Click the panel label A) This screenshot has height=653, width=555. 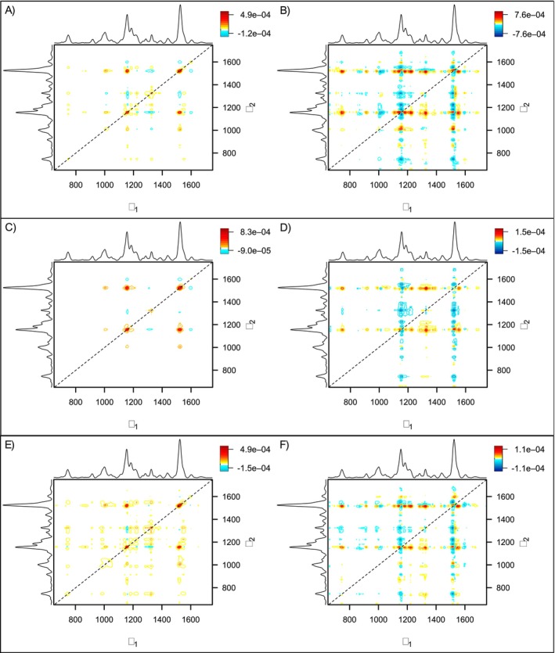point(14,10)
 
